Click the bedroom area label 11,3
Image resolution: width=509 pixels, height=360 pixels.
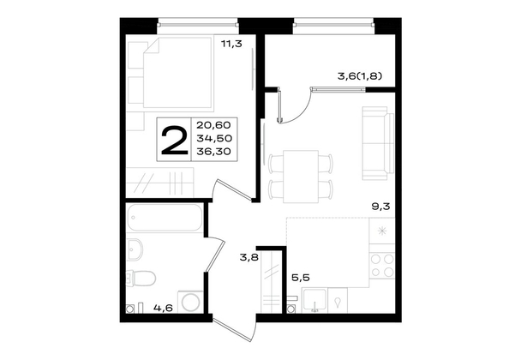point(231,44)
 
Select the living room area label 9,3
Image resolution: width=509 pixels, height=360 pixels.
point(380,206)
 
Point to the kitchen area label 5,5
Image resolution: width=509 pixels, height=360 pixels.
point(301,278)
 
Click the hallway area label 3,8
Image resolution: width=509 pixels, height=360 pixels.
point(249,258)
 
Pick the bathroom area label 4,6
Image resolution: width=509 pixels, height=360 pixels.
point(163,308)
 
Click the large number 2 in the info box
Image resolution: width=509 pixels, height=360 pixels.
point(175,140)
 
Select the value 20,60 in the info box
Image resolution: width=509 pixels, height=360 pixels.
point(213,125)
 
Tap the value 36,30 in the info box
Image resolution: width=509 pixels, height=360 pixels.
point(213,151)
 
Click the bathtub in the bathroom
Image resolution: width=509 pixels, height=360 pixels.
point(165,218)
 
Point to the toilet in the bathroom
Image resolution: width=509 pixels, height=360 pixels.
point(141,279)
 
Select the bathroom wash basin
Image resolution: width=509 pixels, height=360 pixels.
point(135,249)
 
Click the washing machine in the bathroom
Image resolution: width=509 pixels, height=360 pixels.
point(190,303)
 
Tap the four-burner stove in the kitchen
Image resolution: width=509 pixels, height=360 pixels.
point(382,266)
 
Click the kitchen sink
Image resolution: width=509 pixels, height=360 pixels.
point(314,300)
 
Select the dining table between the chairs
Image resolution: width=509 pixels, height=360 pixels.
point(301,177)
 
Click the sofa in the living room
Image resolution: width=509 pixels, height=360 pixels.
point(378,143)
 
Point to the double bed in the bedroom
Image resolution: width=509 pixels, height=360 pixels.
point(178,73)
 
